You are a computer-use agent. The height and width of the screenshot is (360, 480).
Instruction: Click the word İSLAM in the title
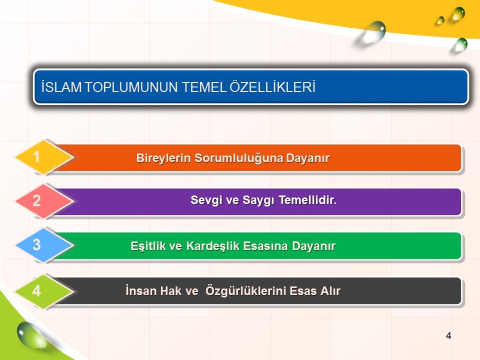click(x=61, y=86)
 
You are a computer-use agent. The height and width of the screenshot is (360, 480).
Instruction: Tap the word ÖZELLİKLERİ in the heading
click(x=272, y=86)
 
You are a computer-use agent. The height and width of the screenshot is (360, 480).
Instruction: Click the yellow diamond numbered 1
click(x=44, y=157)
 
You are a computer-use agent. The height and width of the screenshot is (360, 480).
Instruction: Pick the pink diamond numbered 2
click(x=44, y=201)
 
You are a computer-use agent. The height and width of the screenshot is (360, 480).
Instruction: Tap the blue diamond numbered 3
click(x=44, y=245)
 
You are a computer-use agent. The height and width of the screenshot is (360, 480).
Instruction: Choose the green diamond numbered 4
click(x=44, y=291)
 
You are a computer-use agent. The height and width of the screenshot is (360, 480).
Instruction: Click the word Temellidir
click(x=307, y=200)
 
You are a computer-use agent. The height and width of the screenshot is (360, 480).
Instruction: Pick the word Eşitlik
click(x=147, y=246)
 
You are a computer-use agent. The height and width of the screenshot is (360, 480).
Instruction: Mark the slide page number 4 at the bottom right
click(x=448, y=336)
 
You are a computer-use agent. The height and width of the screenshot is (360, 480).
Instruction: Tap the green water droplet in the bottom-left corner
click(x=30, y=336)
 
